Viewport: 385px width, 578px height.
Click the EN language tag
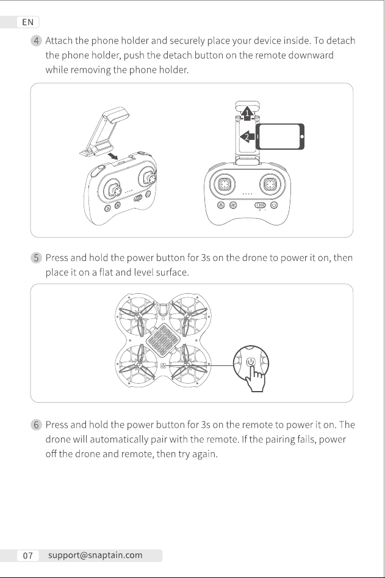pyautogui.click(x=27, y=22)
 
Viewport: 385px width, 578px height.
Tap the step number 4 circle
pyautogui.click(x=36, y=40)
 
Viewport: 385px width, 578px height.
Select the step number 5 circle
pyautogui.click(x=36, y=257)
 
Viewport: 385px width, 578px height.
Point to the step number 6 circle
pyautogui.click(x=36, y=425)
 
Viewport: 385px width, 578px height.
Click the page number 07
pyautogui.click(x=27, y=555)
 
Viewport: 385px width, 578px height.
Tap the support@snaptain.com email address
pyautogui.click(x=95, y=555)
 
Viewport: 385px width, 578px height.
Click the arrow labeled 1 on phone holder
pyautogui.click(x=247, y=112)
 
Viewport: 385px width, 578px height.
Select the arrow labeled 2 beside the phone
pyautogui.click(x=247, y=137)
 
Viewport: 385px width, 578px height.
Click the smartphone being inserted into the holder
pyautogui.click(x=280, y=137)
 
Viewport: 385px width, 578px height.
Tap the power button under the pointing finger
pyautogui.click(x=251, y=362)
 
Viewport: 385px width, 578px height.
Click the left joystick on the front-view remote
pyautogui.click(x=224, y=183)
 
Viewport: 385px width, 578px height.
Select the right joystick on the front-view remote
pyautogui.click(x=271, y=183)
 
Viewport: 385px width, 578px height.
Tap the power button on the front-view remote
pyautogui.click(x=274, y=205)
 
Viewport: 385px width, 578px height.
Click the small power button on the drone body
pyautogui.click(x=164, y=365)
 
